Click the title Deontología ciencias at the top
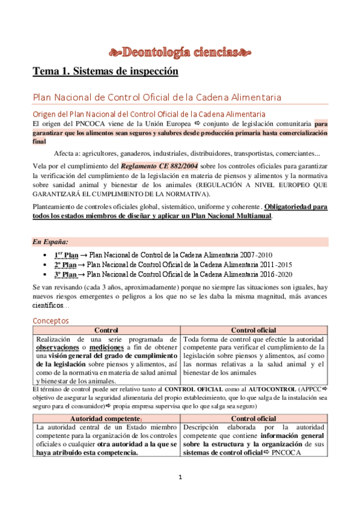[180, 51]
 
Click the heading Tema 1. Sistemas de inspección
[106, 71]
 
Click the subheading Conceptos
[50, 321]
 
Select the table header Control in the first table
[106, 330]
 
